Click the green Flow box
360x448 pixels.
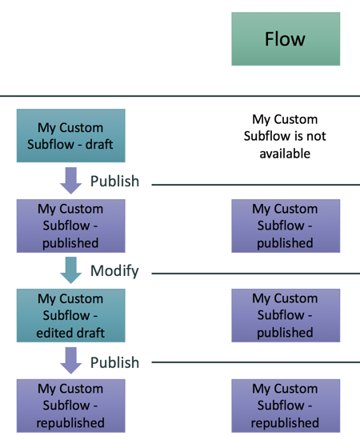285,38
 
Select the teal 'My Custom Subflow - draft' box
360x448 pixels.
70,136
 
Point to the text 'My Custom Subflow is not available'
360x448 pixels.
285,136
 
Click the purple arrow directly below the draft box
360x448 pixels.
71,180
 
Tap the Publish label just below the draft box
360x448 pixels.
114,182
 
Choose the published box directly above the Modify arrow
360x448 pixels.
70,226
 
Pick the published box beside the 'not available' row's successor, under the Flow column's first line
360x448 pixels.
285,226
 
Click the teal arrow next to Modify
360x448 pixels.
71,270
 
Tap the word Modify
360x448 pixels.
114,271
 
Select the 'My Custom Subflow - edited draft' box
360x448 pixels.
70,315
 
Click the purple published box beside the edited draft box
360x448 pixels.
285,315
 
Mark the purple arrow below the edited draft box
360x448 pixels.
71,361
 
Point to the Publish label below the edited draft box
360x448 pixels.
114,362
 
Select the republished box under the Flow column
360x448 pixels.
285,406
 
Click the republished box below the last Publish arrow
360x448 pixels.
70,406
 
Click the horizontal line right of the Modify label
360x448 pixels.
256,273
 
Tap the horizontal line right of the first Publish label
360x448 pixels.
256,184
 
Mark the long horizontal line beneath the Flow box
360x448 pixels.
180,95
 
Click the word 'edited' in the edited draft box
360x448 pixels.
54,332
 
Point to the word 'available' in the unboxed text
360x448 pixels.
285,153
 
